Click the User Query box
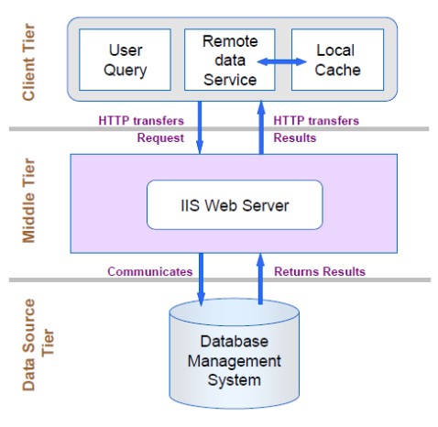(x=125, y=60)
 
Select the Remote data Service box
(x=230, y=60)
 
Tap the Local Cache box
(x=337, y=60)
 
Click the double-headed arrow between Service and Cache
(x=281, y=62)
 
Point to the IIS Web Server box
(x=235, y=205)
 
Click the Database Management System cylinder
(x=235, y=354)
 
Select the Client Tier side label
(x=29, y=62)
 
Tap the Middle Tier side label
(x=29, y=201)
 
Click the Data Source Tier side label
(x=38, y=345)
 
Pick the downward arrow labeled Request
(x=200, y=127)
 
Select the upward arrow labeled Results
(x=261, y=127)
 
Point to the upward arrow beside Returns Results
(x=260, y=279)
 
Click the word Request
(x=160, y=138)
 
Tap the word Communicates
(x=150, y=271)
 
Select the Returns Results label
(x=320, y=271)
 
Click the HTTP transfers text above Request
(x=141, y=121)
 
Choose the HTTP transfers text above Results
(x=316, y=121)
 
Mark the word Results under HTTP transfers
(x=295, y=137)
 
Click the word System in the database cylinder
(x=235, y=381)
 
